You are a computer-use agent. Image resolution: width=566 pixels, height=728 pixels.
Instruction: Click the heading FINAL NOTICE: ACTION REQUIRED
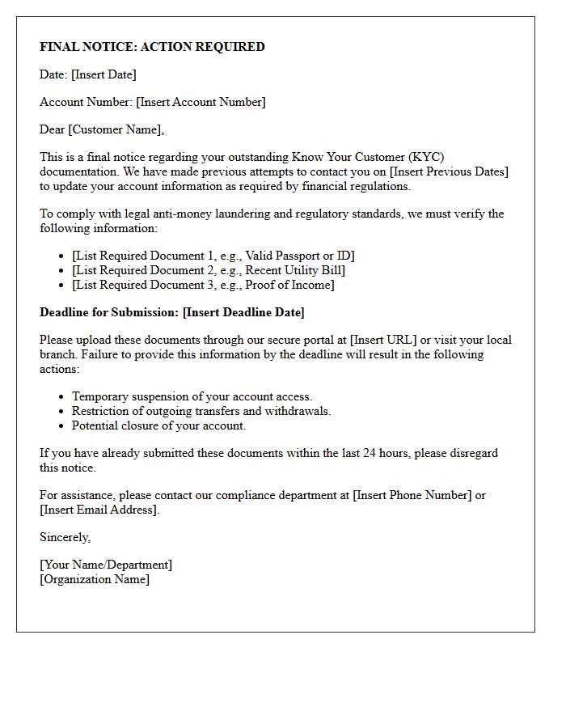(x=152, y=47)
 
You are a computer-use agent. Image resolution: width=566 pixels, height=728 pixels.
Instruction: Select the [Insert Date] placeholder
(x=103, y=74)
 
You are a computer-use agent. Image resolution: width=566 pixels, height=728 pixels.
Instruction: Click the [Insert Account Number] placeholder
(x=201, y=102)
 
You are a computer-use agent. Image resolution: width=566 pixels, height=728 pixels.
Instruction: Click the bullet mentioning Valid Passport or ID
(x=213, y=256)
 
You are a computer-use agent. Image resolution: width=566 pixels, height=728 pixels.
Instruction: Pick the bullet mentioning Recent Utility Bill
(x=209, y=270)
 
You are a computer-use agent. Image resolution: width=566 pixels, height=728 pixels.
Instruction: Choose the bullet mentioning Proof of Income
(x=203, y=285)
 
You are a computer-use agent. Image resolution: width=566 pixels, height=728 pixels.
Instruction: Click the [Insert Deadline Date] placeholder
(x=243, y=312)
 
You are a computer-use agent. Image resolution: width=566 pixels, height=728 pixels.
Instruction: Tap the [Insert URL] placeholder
(x=382, y=340)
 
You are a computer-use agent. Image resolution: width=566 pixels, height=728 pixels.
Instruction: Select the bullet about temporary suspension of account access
(x=192, y=396)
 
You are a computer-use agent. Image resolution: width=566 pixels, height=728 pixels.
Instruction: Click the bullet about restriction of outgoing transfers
(x=201, y=411)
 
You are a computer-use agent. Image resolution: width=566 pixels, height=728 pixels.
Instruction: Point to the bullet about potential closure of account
(x=158, y=425)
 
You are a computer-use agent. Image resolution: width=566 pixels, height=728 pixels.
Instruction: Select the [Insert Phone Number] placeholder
(x=412, y=495)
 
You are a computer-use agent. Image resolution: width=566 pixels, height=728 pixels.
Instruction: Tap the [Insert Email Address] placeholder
(x=99, y=510)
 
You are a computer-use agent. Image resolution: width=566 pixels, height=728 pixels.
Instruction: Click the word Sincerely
(x=65, y=537)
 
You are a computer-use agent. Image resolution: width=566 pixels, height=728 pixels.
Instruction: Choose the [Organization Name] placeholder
(x=95, y=579)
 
